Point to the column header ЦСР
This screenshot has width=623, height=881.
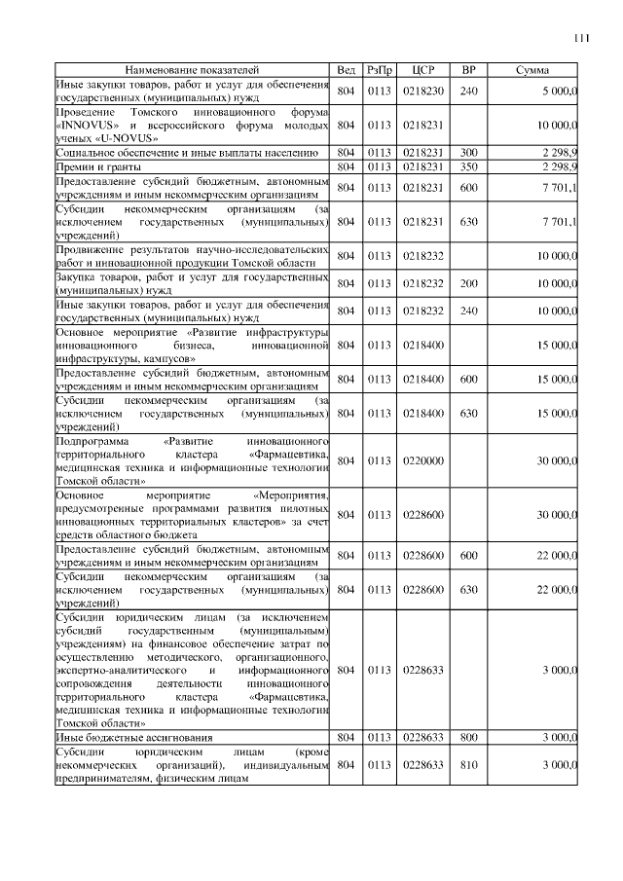[422, 71]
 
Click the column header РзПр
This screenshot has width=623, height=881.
[379, 71]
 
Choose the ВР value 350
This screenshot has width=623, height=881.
[468, 167]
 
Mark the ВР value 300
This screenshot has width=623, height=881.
[468, 154]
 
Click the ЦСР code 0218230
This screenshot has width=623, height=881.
[422, 92]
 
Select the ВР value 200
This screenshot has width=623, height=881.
[468, 282]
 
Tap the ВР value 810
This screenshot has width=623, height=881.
[468, 765]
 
